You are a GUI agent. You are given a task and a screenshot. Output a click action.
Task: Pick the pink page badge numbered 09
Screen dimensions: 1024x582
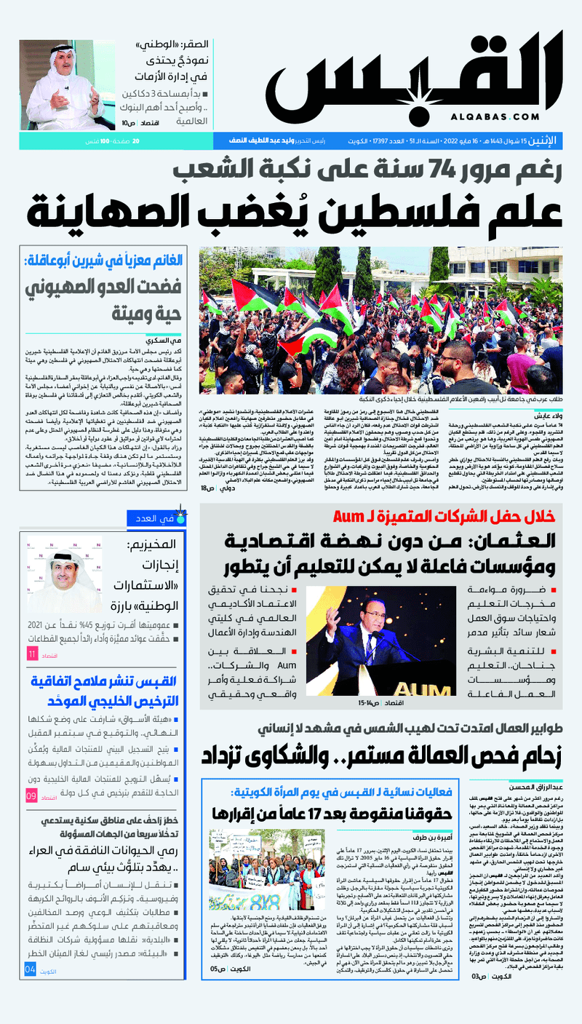tap(32, 796)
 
